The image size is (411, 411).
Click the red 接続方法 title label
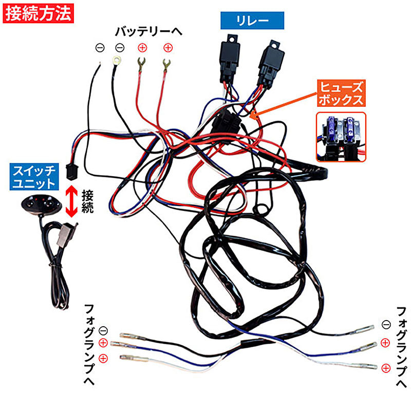click(x=39, y=13)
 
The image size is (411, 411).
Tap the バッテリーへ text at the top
click(x=148, y=32)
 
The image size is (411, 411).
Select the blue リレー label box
click(x=252, y=21)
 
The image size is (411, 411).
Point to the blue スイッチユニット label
click(x=35, y=176)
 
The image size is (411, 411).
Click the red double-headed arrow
click(x=72, y=201)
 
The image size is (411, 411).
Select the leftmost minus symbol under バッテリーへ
click(x=100, y=48)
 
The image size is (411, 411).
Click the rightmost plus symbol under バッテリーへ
click(x=167, y=48)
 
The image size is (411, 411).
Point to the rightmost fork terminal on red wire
click(x=165, y=66)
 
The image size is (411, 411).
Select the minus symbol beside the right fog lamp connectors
click(x=386, y=325)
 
